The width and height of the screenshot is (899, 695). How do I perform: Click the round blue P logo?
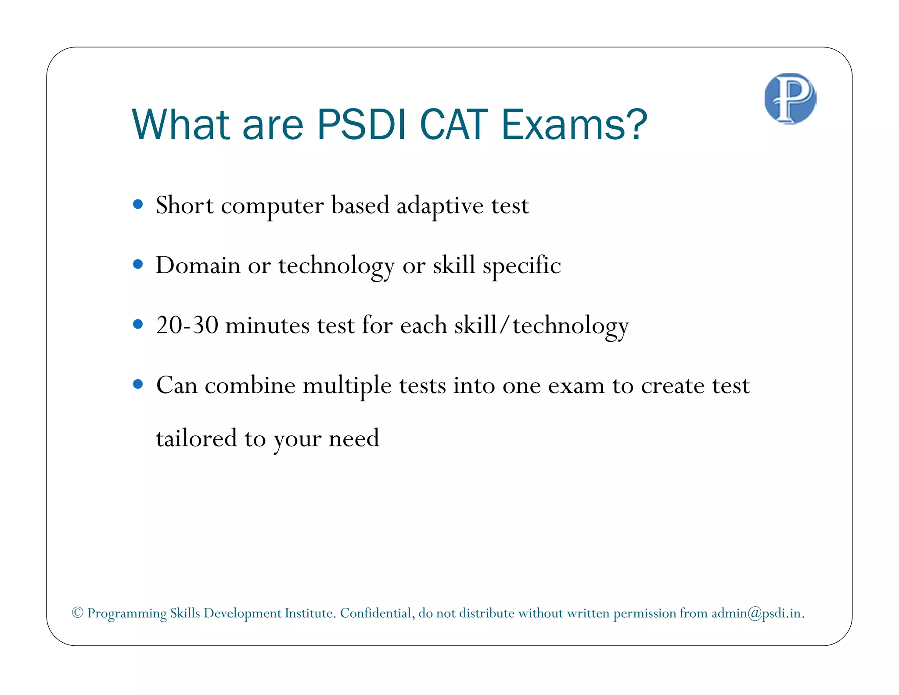click(790, 98)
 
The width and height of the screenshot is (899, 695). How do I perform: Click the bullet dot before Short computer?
click(138, 204)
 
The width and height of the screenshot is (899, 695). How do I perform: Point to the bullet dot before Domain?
click(138, 264)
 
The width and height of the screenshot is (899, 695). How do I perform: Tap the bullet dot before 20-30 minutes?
click(138, 324)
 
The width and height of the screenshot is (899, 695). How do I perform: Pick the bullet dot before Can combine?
click(138, 384)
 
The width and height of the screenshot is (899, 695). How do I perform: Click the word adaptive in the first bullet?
click(440, 206)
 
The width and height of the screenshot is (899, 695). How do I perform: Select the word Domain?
click(198, 265)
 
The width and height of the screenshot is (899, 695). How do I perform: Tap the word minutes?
click(267, 326)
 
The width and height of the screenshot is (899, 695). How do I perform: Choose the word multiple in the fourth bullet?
click(347, 386)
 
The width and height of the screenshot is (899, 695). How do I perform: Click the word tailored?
click(196, 438)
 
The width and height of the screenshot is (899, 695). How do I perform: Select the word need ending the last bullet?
click(354, 438)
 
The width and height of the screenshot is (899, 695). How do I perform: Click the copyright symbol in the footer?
click(78, 612)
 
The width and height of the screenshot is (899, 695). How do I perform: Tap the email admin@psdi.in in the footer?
click(757, 613)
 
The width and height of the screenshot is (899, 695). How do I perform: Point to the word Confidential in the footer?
click(376, 613)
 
